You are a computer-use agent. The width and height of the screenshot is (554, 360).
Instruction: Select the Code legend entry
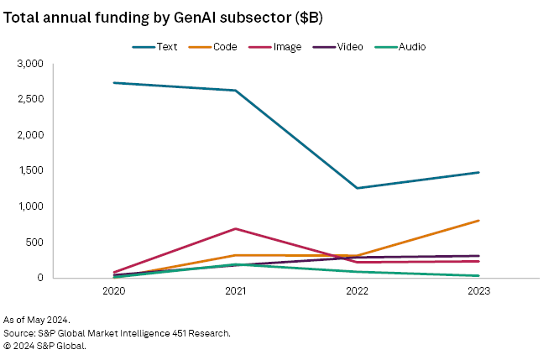pos(218,46)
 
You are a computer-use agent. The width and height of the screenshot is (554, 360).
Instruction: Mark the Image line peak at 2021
pos(235,228)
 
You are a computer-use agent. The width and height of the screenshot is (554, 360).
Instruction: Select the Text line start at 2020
pos(113,83)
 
